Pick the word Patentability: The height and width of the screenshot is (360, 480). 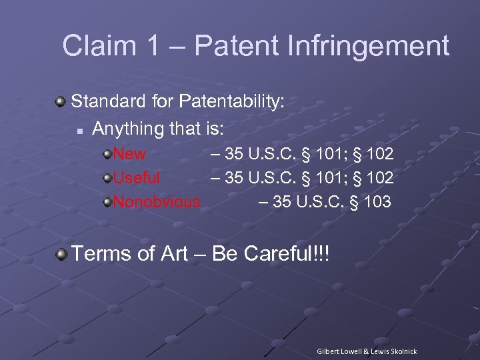click(x=231, y=101)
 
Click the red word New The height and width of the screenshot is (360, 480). click(x=129, y=154)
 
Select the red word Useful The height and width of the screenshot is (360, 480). click(x=136, y=178)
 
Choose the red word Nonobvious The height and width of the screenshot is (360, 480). click(x=157, y=201)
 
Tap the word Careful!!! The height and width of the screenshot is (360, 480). click(x=287, y=254)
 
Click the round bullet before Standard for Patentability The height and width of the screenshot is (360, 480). click(x=61, y=102)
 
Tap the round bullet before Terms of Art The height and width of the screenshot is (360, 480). click(x=61, y=254)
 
